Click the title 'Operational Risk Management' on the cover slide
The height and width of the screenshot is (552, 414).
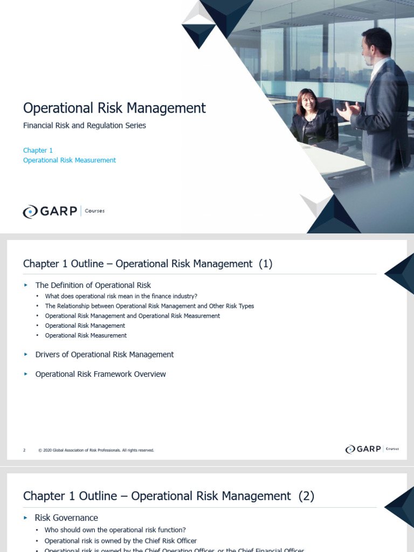(x=114, y=108)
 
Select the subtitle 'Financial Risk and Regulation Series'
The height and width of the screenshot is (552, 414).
(x=85, y=126)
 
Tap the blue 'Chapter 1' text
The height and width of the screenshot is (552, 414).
(x=38, y=150)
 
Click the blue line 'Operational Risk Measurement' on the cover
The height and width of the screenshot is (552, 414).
(x=70, y=160)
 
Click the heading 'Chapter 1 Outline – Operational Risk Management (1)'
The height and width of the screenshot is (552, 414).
(x=148, y=264)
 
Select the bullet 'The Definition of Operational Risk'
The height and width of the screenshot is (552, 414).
(x=93, y=285)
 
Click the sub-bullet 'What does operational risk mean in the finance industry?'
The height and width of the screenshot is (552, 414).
(x=121, y=296)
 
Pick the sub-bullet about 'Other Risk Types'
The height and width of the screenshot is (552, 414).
(x=149, y=306)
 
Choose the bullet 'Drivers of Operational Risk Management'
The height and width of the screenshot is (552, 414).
(x=105, y=355)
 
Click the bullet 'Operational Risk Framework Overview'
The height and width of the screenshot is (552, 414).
(x=100, y=374)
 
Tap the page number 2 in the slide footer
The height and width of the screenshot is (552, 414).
(x=24, y=450)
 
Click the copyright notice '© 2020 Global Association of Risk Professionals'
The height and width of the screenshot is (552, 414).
(x=96, y=450)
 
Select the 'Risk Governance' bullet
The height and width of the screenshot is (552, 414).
(x=66, y=518)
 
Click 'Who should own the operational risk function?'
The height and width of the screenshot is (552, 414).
(x=115, y=530)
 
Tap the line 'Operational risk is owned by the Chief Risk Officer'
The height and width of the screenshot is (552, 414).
(x=121, y=541)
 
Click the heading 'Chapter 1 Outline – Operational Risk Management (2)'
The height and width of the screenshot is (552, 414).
(x=168, y=496)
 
